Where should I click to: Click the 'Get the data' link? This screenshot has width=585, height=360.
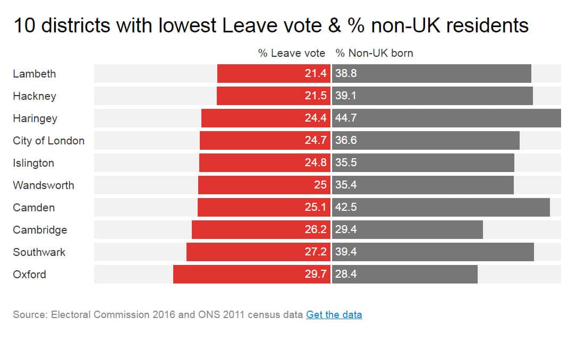tap(334, 314)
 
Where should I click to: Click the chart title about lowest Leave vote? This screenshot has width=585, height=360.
tap(270, 25)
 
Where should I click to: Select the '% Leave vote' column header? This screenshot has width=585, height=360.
tap(292, 53)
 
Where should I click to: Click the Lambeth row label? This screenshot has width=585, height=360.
tap(34, 74)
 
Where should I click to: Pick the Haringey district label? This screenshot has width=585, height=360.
tap(35, 118)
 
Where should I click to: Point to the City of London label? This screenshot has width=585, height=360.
tap(48, 141)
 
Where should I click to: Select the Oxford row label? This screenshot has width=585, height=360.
tap(29, 275)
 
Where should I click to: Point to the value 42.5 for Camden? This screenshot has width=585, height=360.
tap(346, 208)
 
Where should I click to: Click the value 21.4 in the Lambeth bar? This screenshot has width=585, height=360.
tap(316, 74)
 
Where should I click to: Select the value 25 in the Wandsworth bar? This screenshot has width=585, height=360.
tap(320, 185)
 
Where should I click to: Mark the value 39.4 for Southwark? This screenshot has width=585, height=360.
tap(346, 252)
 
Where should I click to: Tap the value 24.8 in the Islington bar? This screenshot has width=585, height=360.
tap(316, 163)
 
